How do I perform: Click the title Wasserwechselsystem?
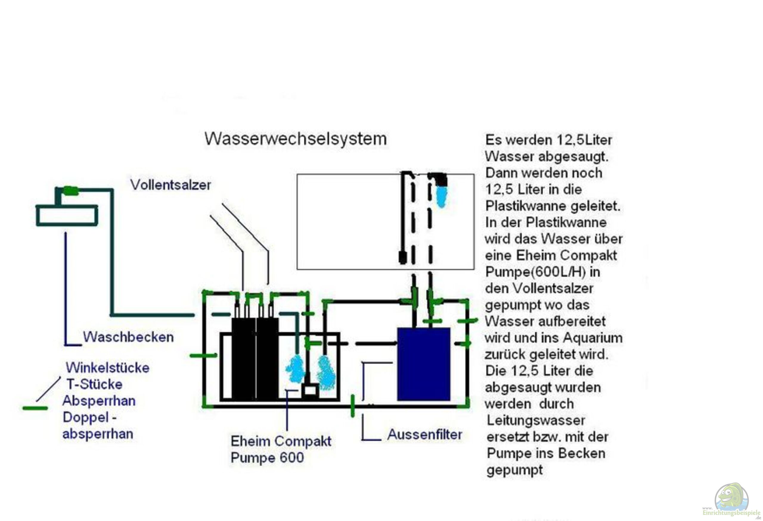pos(295,139)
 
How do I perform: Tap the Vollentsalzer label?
pos(170,185)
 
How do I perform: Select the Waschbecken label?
pos(128,337)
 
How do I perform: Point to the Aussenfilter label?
pos(424,434)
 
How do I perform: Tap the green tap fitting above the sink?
pos(71,190)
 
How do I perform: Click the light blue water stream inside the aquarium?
pos(442,198)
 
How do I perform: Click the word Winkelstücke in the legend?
pos(108,368)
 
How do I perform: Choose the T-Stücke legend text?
pos(94,384)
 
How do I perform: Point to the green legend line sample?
pos(35,408)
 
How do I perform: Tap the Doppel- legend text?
pos(90,417)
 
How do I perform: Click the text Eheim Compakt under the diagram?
pos(281,441)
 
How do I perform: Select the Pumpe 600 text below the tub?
pos(267,457)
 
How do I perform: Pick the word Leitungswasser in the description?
pos(536,420)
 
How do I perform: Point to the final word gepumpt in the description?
pos(514,470)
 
